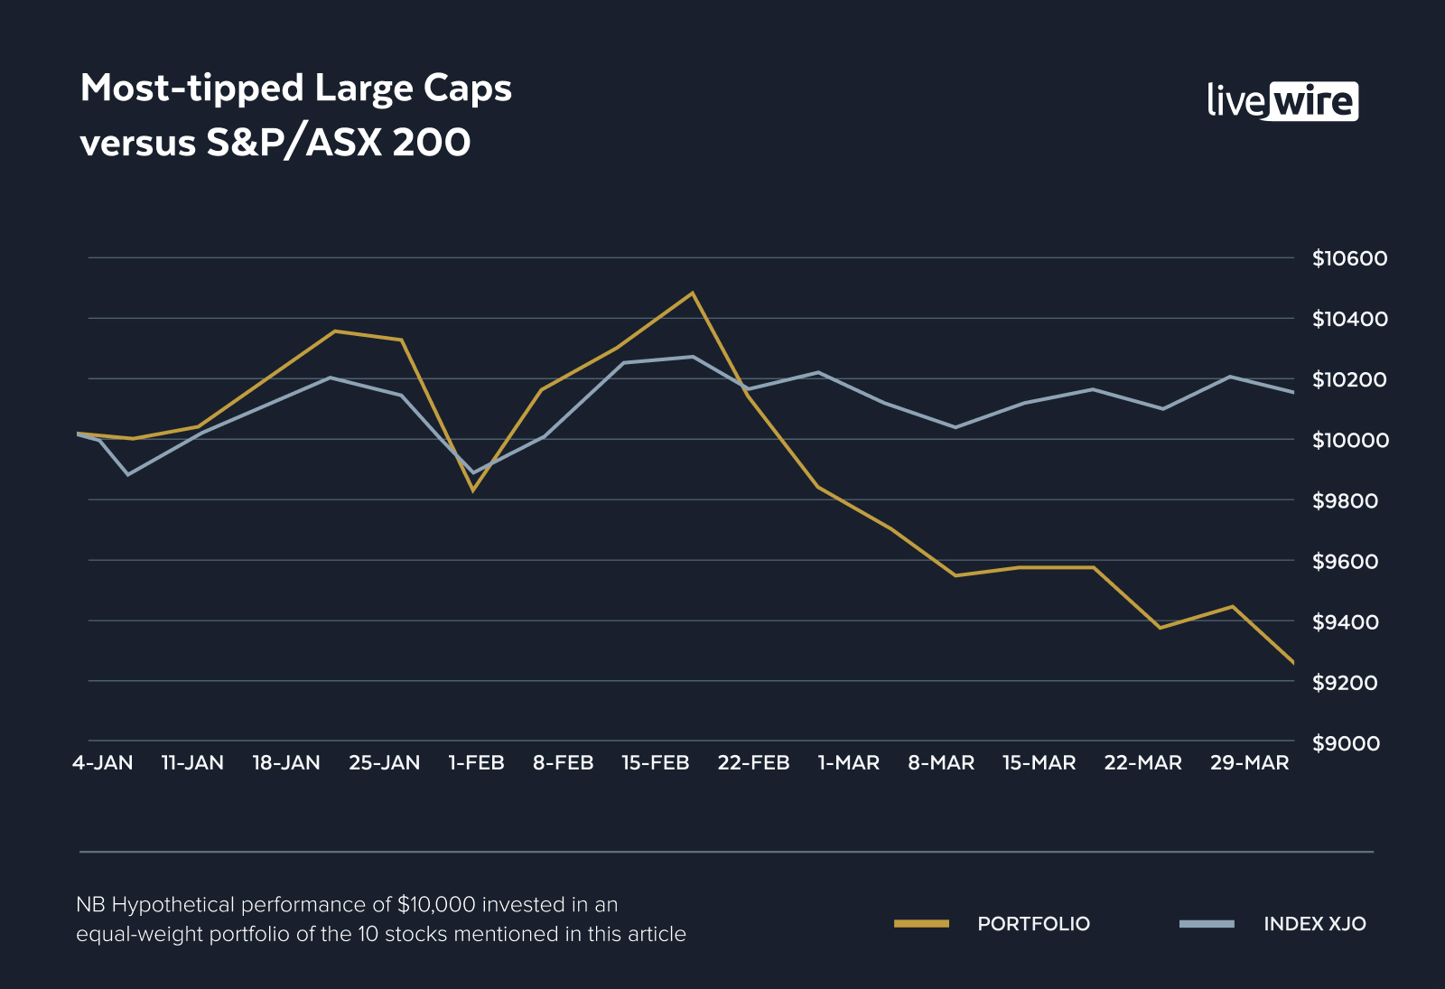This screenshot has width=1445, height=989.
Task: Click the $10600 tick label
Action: click(x=1349, y=258)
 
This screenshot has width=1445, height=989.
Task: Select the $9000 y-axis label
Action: click(x=1346, y=743)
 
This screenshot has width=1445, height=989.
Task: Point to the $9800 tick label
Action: click(x=1346, y=500)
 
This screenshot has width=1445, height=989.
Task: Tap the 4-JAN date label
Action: click(x=103, y=763)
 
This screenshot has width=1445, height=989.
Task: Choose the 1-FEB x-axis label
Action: click(x=476, y=763)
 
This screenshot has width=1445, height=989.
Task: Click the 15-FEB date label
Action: click(x=656, y=763)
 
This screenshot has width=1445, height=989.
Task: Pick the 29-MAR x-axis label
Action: click(x=1249, y=763)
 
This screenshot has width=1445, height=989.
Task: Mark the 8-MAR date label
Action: click(x=941, y=763)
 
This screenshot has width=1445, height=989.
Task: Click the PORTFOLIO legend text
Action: click(x=1033, y=924)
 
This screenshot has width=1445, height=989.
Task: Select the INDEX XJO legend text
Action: click(x=1314, y=924)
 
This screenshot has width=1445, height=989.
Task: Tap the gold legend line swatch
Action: click(x=921, y=923)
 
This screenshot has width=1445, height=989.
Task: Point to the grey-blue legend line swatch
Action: click(x=1207, y=923)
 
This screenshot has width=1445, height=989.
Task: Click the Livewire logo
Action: click(x=1282, y=101)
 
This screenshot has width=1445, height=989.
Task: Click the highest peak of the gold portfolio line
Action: click(x=693, y=293)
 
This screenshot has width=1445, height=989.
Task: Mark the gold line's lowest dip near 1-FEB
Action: click(x=471, y=490)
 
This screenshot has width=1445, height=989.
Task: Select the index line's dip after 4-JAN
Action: click(x=128, y=474)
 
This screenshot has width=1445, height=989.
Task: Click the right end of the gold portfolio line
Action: click(x=1292, y=662)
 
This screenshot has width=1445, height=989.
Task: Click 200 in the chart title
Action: click(x=432, y=143)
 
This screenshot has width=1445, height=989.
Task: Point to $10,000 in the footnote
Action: click(x=436, y=904)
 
